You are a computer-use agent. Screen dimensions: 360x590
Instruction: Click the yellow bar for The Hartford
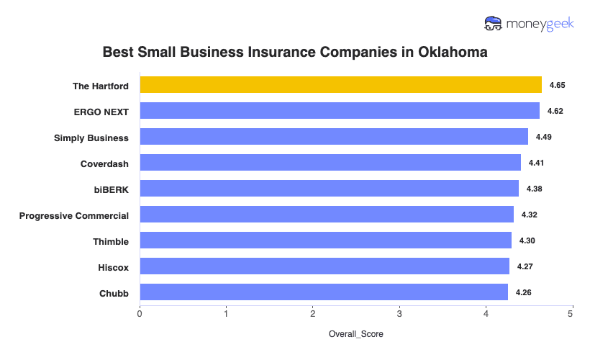point(340,85)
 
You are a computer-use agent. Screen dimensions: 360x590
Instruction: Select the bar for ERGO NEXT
point(339,111)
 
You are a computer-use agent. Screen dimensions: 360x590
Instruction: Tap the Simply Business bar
point(333,137)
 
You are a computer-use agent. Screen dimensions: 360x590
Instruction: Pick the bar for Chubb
point(323,292)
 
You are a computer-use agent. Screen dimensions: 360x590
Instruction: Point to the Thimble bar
point(325,240)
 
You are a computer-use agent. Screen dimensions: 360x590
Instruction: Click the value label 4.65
point(557,86)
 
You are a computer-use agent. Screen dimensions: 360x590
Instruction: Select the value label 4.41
point(536,163)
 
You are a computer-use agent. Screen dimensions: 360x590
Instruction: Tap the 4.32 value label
point(529,215)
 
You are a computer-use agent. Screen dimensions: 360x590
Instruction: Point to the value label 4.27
point(525,267)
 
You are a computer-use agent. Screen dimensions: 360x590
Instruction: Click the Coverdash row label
point(104,163)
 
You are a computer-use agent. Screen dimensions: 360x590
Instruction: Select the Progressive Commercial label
point(74,215)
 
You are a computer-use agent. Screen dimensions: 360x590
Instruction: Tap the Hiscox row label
point(113,267)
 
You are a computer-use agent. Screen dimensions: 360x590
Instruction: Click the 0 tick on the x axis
point(140,314)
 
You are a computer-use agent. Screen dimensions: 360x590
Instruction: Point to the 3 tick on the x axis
point(399,314)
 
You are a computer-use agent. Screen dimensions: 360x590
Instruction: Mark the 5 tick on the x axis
point(571,314)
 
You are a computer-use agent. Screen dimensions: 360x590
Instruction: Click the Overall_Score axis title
point(356,335)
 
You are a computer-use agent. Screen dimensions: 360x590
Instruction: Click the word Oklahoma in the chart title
point(448,53)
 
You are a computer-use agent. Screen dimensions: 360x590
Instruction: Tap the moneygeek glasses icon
point(494,24)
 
